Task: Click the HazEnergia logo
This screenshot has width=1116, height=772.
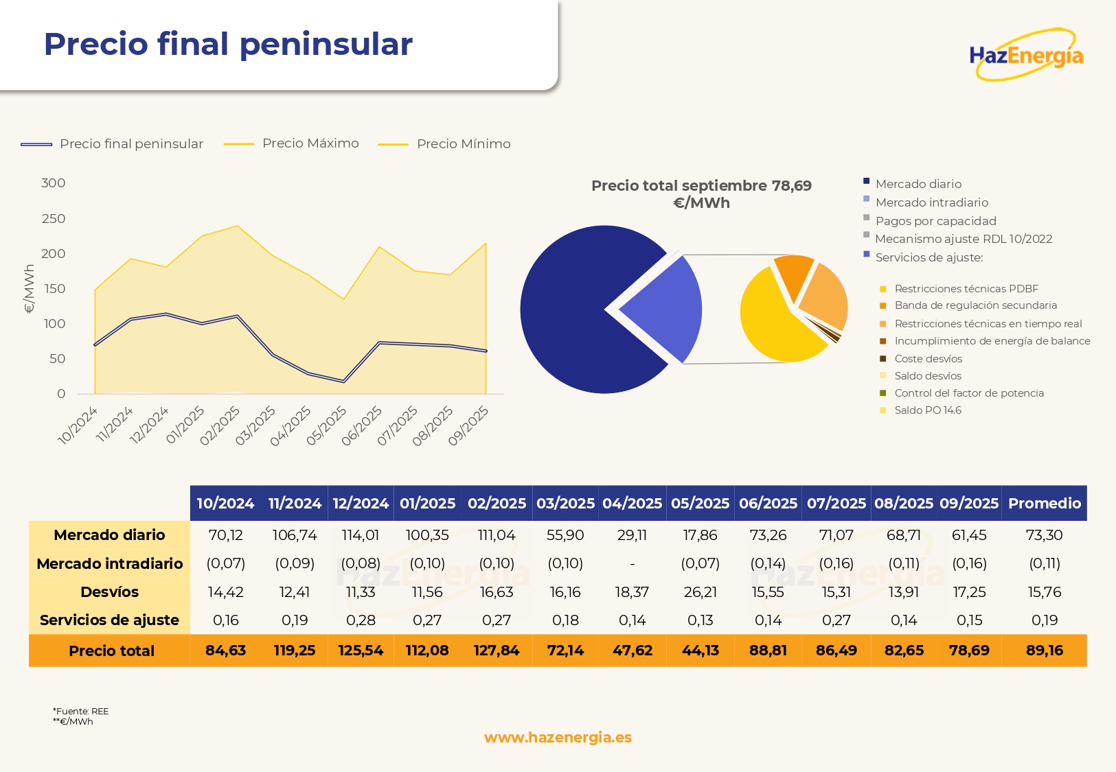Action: tap(1026, 55)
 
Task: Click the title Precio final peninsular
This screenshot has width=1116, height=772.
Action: tap(228, 44)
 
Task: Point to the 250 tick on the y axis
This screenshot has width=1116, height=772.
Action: tap(54, 219)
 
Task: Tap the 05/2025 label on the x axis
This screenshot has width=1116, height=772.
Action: tap(326, 425)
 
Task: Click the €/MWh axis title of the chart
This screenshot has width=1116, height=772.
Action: tap(29, 289)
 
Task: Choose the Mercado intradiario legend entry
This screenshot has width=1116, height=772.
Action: tap(931, 202)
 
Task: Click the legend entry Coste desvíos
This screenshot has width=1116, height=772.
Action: tap(928, 359)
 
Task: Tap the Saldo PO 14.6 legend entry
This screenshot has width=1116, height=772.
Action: tap(927, 410)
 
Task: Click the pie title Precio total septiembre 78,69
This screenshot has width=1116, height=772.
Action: tap(701, 194)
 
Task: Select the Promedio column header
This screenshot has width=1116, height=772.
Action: tap(1044, 504)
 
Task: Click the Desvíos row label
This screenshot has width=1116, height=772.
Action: tap(109, 592)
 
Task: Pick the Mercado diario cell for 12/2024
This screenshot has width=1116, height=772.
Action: tap(361, 535)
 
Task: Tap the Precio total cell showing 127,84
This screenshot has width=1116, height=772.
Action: tap(496, 651)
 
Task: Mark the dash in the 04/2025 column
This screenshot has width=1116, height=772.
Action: tap(632, 564)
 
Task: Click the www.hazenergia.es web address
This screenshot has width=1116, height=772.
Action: tap(558, 738)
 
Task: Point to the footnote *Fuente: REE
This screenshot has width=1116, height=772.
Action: tap(80, 711)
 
